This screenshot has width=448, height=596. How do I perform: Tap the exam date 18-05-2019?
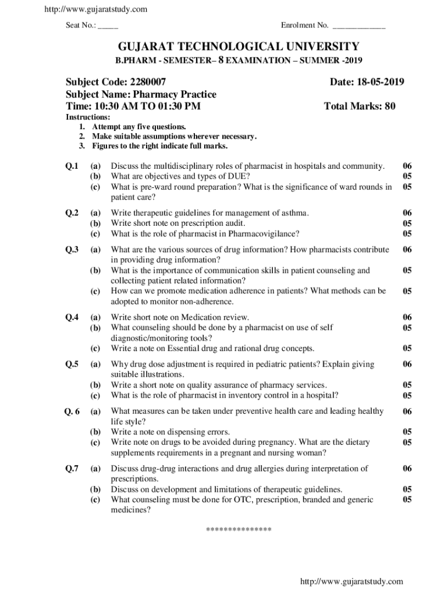[378, 82]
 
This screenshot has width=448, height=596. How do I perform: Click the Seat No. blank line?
[109, 26]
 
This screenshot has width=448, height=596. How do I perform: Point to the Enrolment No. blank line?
[358, 26]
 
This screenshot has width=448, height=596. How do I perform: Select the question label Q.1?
[72, 166]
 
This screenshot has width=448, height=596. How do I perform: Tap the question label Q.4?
[72, 317]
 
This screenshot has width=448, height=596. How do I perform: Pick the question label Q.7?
[72, 469]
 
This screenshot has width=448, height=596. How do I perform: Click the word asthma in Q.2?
[293, 213]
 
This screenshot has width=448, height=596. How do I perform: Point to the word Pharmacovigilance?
[264, 234]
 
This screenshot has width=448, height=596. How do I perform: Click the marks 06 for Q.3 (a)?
[407, 250]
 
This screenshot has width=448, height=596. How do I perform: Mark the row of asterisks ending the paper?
[239, 530]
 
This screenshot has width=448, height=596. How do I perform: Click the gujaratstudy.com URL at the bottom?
[351, 581]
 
